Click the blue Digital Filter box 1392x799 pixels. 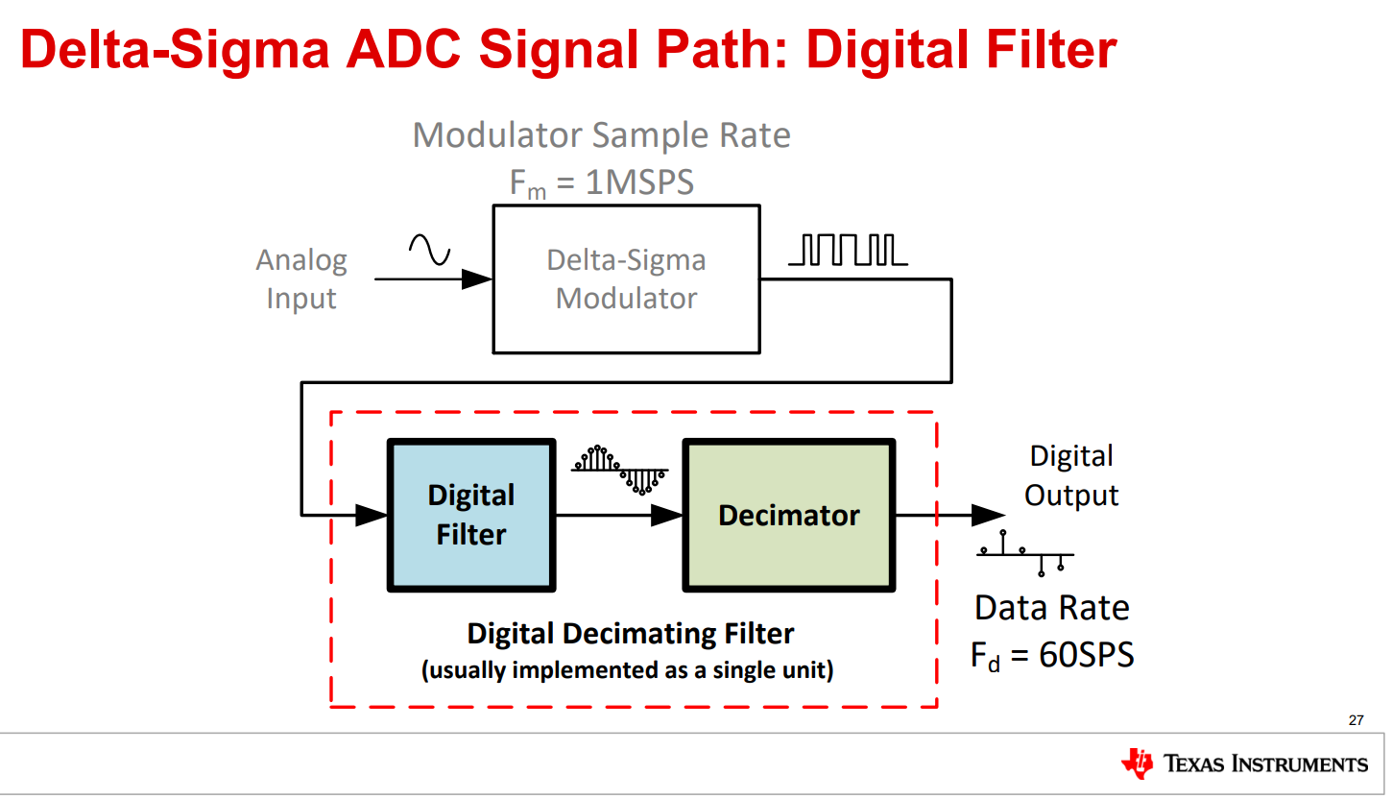click(470, 516)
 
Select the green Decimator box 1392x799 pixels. click(788, 516)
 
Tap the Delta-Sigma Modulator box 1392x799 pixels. click(626, 279)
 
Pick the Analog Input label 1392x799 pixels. click(301, 279)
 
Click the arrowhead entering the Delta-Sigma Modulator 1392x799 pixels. click(477, 279)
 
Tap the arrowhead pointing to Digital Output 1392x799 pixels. click(987, 516)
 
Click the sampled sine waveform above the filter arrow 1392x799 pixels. click(620, 469)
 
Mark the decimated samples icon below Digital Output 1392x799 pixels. click(1025, 553)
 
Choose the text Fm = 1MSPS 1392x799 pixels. click(601, 182)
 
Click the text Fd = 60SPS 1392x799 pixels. click(1052, 655)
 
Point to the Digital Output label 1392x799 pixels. click(1071, 475)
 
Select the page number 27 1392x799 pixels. click(1356, 720)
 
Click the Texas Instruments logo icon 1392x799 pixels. click(1137, 763)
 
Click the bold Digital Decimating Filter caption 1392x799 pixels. click(631, 634)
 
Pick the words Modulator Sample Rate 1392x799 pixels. click(601, 135)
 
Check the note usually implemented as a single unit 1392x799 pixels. click(628, 669)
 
